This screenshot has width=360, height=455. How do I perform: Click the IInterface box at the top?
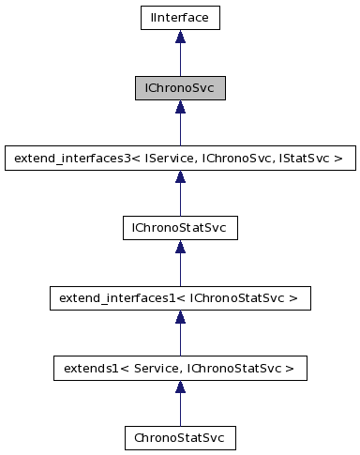pos(180,17)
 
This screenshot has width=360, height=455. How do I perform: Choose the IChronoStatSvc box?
pos(180,228)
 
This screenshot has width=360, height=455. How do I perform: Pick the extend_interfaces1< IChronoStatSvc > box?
pos(180,298)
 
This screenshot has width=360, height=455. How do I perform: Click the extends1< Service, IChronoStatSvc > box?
pos(180,368)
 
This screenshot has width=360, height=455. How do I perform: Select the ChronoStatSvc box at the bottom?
pos(180,438)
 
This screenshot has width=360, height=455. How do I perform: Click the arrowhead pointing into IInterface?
pos(180,37)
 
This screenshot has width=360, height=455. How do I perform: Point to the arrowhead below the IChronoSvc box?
pos(180,107)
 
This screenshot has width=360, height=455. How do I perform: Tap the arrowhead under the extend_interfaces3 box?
pos(180,177)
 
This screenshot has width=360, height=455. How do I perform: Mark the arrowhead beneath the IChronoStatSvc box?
pos(180,248)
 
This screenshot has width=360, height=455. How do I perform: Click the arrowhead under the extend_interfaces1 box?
pos(180,318)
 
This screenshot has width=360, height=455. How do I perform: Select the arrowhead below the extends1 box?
pos(180,387)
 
